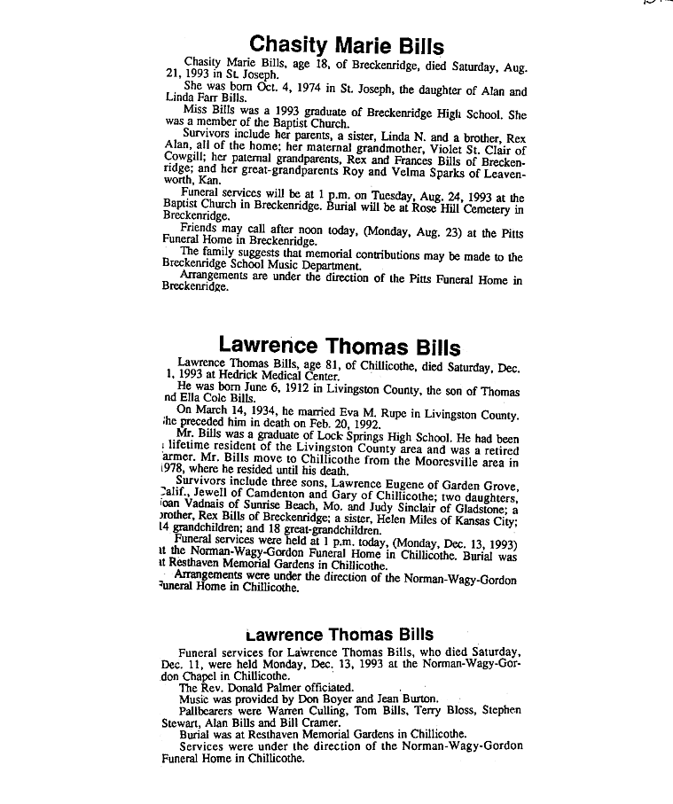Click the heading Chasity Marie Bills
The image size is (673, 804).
pos(347,44)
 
